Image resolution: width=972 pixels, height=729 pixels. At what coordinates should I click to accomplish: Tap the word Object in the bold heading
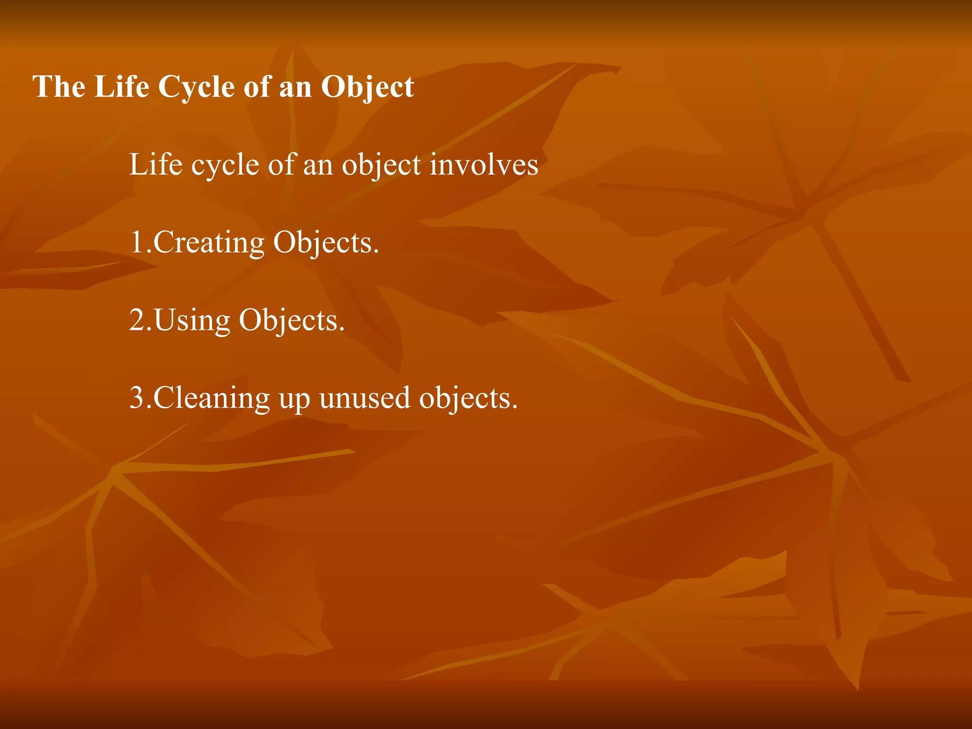tap(367, 87)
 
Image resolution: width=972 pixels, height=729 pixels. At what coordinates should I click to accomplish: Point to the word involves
tap(484, 165)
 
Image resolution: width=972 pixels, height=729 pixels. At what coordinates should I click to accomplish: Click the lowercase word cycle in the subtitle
tap(225, 166)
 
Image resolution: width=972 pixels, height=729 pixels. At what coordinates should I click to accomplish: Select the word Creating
tap(209, 243)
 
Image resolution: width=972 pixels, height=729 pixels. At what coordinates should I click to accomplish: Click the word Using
tap(192, 321)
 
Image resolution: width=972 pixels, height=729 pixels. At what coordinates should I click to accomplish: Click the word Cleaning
tap(211, 398)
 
